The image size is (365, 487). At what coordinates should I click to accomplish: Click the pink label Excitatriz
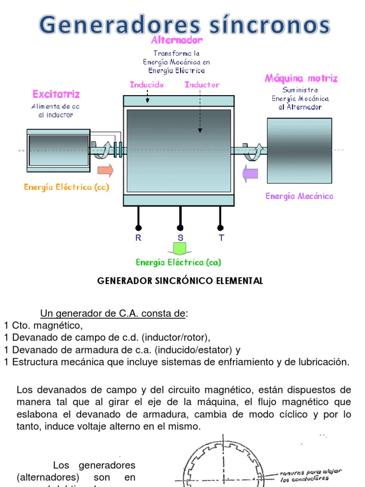tap(56, 94)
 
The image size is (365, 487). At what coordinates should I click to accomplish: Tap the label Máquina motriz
tap(301, 78)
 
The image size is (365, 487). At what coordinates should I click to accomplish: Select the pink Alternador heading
tap(177, 40)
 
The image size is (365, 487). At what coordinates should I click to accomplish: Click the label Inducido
tap(147, 84)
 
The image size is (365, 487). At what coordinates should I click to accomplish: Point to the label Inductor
tap(202, 84)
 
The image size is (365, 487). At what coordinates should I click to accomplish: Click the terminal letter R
tap(138, 238)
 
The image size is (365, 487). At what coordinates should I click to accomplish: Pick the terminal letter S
tap(180, 238)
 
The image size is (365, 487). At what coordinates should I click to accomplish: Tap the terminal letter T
tap(221, 238)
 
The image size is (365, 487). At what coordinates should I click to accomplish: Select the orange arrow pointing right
tap(106, 170)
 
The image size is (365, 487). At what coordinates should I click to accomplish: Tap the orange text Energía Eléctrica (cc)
tap(67, 187)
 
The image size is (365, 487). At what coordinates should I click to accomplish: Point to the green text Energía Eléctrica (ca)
tap(178, 262)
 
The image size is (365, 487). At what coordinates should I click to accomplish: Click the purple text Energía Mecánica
tap(299, 195)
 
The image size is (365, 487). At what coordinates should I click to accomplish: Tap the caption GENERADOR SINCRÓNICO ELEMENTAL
tap(180, 281)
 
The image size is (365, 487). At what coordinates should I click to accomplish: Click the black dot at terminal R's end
tap(138, 227)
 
